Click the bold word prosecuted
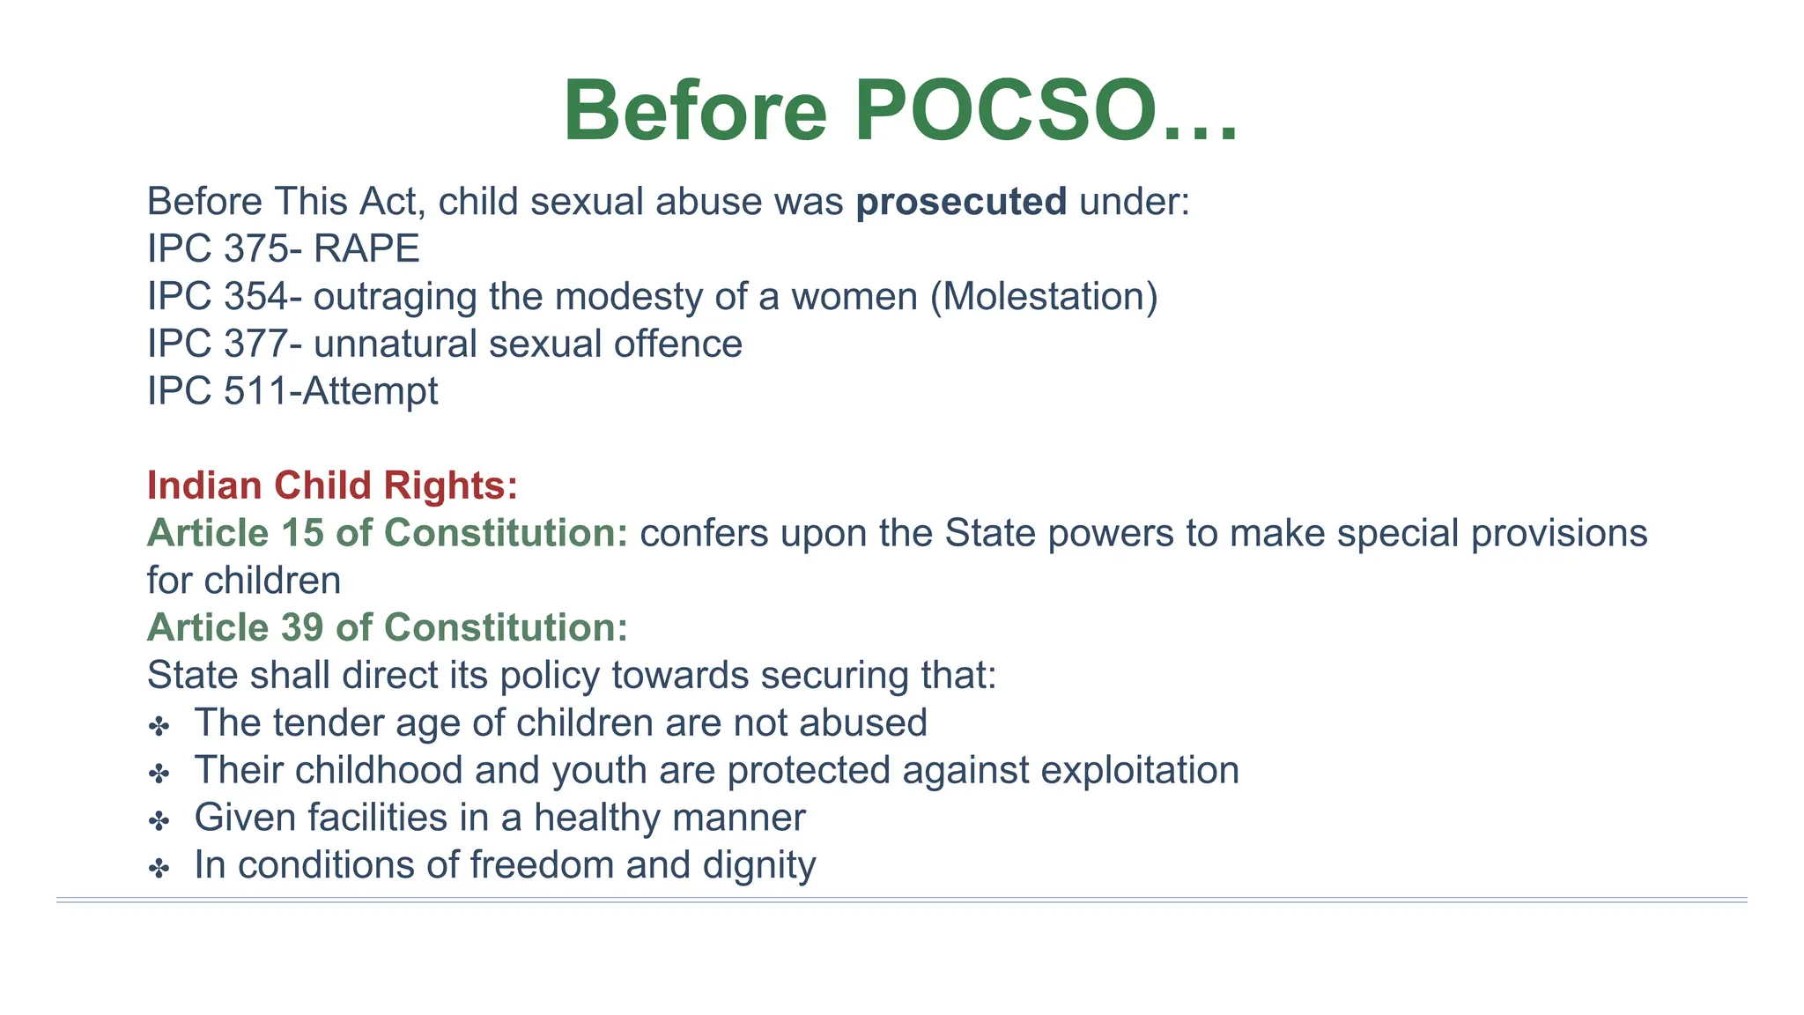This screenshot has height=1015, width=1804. (961, 202)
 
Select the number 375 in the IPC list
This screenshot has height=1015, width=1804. (255, 249)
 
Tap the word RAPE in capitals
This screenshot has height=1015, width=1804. (366, 249)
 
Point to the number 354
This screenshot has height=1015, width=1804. (255, 297)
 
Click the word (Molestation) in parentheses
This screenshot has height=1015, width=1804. (1044, 297)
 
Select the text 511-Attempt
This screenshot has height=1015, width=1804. (330, 391)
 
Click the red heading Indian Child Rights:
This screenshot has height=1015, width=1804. (332, 485)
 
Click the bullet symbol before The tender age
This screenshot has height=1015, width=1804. (159, 727)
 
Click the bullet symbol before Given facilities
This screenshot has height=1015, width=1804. (159, 822)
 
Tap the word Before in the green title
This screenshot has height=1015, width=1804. (695, 112)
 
